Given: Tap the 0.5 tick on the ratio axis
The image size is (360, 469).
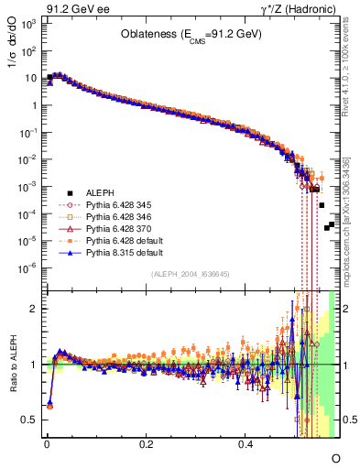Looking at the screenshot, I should [28, 420].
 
